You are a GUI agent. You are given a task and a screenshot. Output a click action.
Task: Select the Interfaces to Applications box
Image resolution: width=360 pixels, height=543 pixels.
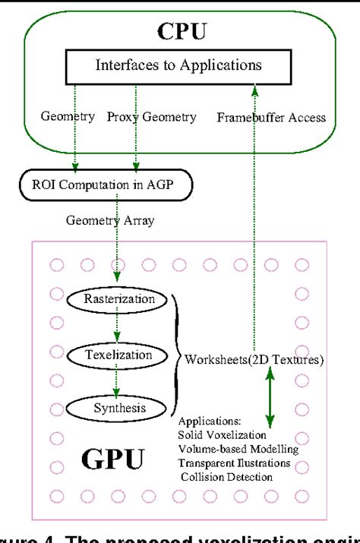click(x=178, y=66)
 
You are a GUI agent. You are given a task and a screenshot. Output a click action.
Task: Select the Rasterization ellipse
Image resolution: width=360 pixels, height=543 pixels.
click(x=115, y=299)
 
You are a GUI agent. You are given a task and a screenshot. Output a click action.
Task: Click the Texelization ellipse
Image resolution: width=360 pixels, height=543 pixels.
click(x=115, y=354)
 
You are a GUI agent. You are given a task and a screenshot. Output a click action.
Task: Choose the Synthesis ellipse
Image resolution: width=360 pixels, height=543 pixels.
click(x=115, y=409)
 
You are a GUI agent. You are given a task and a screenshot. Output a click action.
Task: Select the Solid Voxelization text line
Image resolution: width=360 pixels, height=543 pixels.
click(x=223, y=434)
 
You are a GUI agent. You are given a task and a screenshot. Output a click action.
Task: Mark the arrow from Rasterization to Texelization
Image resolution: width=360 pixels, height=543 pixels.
click(x=115, y=327)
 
